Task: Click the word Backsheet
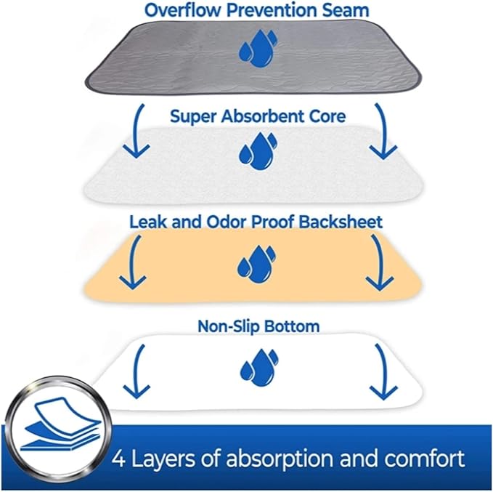click(341, 221)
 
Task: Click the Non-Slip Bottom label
click(258, 327)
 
